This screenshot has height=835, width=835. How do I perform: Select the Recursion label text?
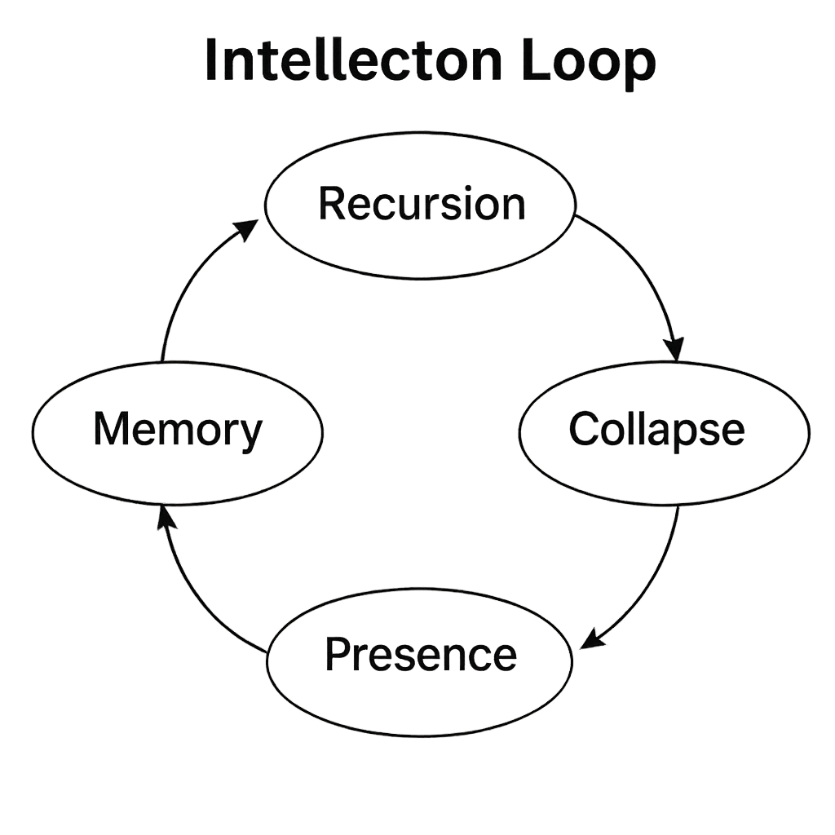422,204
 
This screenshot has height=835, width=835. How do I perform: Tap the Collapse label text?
656,430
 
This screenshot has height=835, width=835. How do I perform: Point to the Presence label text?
421,655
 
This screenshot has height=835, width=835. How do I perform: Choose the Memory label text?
178,430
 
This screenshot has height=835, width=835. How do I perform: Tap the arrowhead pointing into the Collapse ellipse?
675,349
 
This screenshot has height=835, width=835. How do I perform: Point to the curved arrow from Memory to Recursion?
188,285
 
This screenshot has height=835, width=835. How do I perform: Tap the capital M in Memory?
113,430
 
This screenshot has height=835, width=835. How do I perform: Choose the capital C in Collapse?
584,430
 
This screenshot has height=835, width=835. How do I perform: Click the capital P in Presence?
337,655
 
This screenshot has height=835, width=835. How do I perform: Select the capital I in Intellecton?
212,61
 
